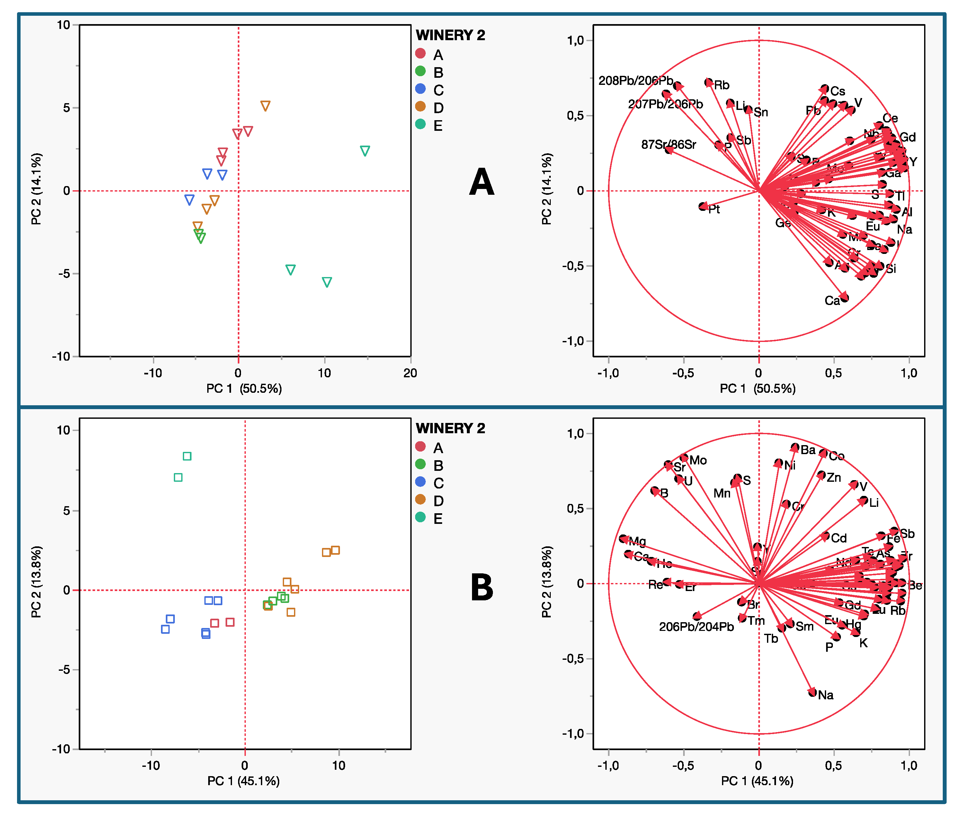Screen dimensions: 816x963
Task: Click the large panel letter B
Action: (481, 587)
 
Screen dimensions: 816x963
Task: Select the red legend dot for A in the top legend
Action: (420, 54)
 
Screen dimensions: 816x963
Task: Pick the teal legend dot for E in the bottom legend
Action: (420, 517)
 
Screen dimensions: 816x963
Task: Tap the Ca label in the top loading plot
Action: (832, 301)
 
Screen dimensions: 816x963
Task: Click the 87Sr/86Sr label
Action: (668, 145)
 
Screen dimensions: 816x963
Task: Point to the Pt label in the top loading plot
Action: (714, 209)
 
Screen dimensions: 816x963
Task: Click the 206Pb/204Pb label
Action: (696, 627)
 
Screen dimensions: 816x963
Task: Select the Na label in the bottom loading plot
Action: (825, 695)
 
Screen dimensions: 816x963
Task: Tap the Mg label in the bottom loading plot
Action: (638, 541)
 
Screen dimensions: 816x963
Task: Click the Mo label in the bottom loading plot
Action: (698, 460)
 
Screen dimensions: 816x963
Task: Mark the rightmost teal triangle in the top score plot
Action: (365, 151)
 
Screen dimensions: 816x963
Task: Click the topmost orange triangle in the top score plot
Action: (265, 106)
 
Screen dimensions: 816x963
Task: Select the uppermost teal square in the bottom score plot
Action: (187, 456)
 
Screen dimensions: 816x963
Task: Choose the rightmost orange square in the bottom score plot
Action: (335, 550)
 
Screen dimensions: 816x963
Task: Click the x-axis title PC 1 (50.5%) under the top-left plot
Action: (244, 389)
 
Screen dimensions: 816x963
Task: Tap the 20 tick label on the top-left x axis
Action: (410, 373)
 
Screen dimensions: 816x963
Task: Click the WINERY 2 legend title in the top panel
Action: (450, 35)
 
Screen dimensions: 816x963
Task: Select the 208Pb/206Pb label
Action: (636, 80)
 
